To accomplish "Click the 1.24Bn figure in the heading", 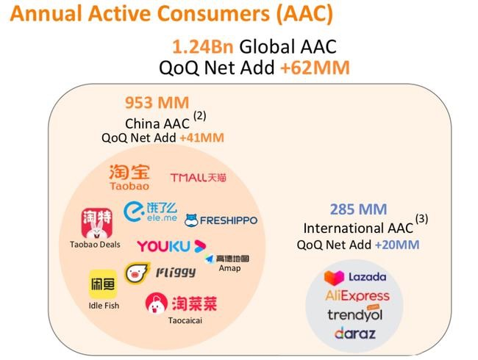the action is [x=203, y=47].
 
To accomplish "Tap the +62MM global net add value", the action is [x=315, y=68].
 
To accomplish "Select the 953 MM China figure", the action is [x=157, y=103].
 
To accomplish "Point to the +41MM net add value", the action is [x=201, y=138].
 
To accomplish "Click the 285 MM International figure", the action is [x=359, y=209].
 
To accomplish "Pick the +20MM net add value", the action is [x=397, y=245].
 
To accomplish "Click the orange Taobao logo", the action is [x=129, y=177].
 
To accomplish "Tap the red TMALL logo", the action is [x=198, y=178].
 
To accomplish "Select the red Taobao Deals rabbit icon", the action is [x=97, y=223].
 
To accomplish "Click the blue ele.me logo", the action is [x=150, y=212].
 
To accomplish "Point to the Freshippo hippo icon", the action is [x=191, y=220].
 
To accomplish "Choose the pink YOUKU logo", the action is [x=171, y=246].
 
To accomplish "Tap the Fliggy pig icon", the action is [x=136, y=273].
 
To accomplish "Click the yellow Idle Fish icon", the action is [x=103, y=284].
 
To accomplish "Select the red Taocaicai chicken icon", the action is [x=157, y=303].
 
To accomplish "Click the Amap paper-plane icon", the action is [x=209, y=259].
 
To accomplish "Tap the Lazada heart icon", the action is [x=334, y=278].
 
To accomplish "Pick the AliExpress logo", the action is [x=357, y=295].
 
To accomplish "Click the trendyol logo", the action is [x=355, y=314].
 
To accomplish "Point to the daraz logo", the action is [x=355, y=334].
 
